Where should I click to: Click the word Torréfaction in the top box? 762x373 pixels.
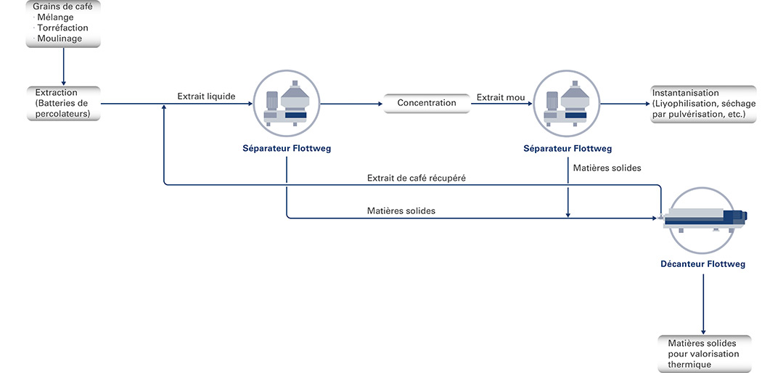point(62,28)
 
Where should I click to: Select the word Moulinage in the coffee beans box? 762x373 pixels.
point(60,39)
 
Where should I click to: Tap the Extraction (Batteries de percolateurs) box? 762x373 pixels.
point(63,104)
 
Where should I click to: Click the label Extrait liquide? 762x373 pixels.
point(206,97)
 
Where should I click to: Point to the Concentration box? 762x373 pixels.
point(427,104)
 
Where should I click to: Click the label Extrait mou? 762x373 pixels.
point(501,98)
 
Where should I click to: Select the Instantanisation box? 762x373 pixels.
point(703,104)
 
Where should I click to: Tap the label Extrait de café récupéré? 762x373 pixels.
point(417,179)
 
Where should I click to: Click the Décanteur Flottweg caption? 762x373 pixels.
point(702,265)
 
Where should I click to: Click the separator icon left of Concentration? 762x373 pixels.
point(286,104)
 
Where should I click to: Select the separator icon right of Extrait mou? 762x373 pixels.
point(567,104)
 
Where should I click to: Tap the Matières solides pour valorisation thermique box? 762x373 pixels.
point(702,353)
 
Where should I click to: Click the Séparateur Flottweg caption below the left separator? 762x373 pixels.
point(287,149)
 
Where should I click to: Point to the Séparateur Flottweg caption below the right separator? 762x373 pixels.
point(568,149)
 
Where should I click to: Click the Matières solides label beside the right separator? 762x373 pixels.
point(607,168)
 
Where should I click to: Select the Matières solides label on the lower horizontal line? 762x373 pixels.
point(401,210)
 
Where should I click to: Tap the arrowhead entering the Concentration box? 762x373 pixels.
point(380,104)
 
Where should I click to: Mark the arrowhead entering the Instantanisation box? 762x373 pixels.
point(647,104)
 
